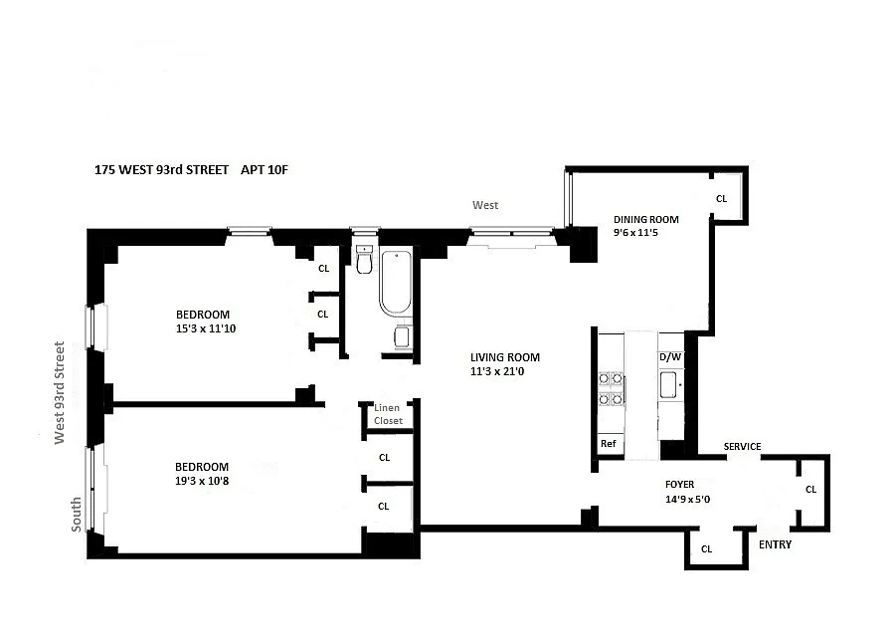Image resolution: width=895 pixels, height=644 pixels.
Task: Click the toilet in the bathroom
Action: [x=364, y=260]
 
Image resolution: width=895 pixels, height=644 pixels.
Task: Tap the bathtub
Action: [x=395, y=283]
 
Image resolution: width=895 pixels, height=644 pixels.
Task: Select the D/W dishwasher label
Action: [x=670, y=357]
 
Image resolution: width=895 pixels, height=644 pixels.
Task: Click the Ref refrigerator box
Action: [x=609, y=443]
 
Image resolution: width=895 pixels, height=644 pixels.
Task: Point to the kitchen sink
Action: [x=668, y=384]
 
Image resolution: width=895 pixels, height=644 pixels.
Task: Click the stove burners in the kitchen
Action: [x=611, y=388]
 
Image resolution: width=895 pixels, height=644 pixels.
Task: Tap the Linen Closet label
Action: [x=388, y=414]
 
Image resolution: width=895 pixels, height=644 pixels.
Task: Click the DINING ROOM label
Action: [x=646, y=219]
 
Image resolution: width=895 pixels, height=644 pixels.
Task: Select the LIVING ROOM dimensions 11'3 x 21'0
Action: [x=497, y=371]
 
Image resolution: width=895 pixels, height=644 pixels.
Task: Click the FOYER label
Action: [x=680, y=485]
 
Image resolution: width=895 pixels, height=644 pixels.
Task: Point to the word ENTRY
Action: [x=775, y=544]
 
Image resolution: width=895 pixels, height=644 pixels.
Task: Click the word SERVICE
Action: [x=742, y=446]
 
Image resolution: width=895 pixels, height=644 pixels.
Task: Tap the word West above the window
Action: [x=485, y=205]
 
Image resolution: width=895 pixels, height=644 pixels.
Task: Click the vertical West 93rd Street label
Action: [x=60, y=392]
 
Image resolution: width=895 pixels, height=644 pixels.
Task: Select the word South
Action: [x=76, y=515]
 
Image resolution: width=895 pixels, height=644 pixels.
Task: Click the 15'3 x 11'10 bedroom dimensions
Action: [x=206, y=328]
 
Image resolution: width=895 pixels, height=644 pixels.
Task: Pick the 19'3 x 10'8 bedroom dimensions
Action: [x=202, y=481]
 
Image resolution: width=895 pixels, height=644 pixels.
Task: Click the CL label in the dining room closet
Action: [x=722, y=199]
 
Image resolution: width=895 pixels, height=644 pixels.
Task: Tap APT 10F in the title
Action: [x=265, y=170]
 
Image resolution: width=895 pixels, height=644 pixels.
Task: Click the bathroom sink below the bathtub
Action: [x=402, y=336]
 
